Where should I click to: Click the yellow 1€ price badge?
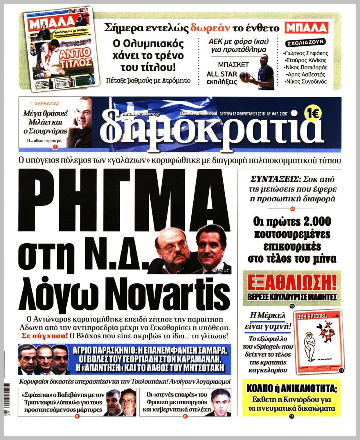tap(313, 114)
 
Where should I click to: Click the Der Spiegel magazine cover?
tap(318, 340)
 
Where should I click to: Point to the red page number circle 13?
tap(292, 209)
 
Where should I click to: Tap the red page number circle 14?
tap(292, 416)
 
